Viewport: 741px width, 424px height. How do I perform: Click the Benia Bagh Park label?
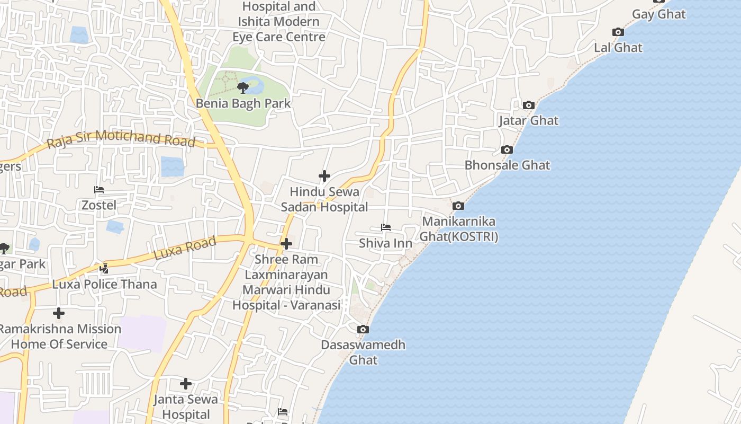tap(243, 103)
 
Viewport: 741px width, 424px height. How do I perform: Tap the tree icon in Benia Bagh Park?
tap(243, 87)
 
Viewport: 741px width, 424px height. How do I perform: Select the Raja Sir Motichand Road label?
tap(121, 139)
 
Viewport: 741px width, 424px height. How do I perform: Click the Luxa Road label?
tap(185, 248)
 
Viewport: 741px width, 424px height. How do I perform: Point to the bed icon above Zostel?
tap(99, 190)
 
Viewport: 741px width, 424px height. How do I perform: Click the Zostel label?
tap(99, 205)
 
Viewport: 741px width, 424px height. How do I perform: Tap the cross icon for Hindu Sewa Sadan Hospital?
tap(324, 176)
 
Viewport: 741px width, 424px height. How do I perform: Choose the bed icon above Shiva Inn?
tap(386, 227)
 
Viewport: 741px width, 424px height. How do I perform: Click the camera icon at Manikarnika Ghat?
tap(458, 206)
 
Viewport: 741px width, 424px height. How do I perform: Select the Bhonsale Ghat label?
tap(507, 165)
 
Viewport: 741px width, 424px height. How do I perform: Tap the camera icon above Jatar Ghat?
tap(528, 105)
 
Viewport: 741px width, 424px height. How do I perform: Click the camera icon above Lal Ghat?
tap(618, 32)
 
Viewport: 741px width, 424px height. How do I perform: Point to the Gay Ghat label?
tap(659, 14)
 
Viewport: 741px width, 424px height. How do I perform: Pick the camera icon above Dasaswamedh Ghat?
tap(363, 329)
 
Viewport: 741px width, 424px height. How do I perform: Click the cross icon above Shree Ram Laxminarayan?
tap(286, 244)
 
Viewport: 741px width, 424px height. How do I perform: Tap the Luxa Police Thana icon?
tap(104, 269)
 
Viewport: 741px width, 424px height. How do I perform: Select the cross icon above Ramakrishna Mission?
tap(59, 313)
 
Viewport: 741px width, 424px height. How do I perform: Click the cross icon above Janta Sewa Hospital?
tap(186, 384)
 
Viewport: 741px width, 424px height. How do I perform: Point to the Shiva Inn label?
tap(385, 243)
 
